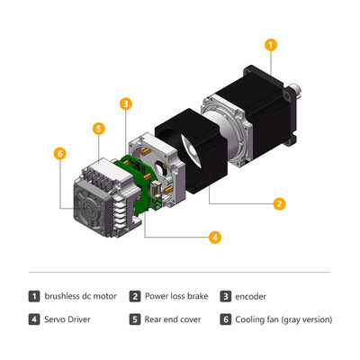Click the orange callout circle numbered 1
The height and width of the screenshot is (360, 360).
[x=271, y=43]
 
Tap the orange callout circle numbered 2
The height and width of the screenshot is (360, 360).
[x=280, y=203]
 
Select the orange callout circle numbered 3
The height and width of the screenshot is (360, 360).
[x=126, y=104]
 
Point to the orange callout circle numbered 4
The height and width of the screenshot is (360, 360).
[x=215, y=238]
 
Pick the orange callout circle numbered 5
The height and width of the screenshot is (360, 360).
[x=98, y=129]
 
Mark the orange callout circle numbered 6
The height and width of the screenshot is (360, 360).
[x=59, y=154]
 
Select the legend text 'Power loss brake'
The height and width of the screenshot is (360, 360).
[x=175, y=296]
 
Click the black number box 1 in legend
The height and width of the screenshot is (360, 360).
[x=34, y=296]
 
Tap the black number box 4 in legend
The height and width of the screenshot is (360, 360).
[x=34, y=319]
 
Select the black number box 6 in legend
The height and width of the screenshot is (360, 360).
[x=225, y=319]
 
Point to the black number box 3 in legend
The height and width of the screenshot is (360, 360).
[x=225, y=296]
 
